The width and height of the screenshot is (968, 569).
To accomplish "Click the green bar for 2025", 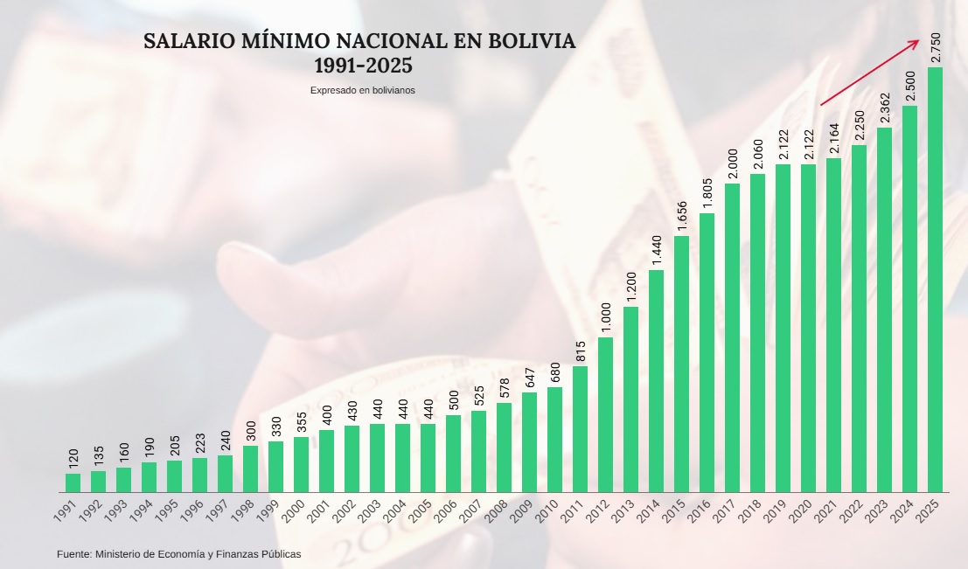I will tap(935, 280).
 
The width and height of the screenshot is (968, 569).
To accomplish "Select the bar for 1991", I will tap(73, 482).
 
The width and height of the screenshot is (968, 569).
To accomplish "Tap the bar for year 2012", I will tap(605, 414).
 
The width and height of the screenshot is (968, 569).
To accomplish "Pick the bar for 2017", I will tap(732, 337).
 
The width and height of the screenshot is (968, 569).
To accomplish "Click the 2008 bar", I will tap(504, 447).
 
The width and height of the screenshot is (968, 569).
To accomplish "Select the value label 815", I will tap(580, 350).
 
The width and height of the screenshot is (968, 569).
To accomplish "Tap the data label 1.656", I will tap(681, 216).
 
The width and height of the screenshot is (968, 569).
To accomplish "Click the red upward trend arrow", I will tap(869, 73).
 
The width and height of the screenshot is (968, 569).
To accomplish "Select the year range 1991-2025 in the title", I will tap(363, 66).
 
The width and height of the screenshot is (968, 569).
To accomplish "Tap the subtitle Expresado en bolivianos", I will tap(362, 90).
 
